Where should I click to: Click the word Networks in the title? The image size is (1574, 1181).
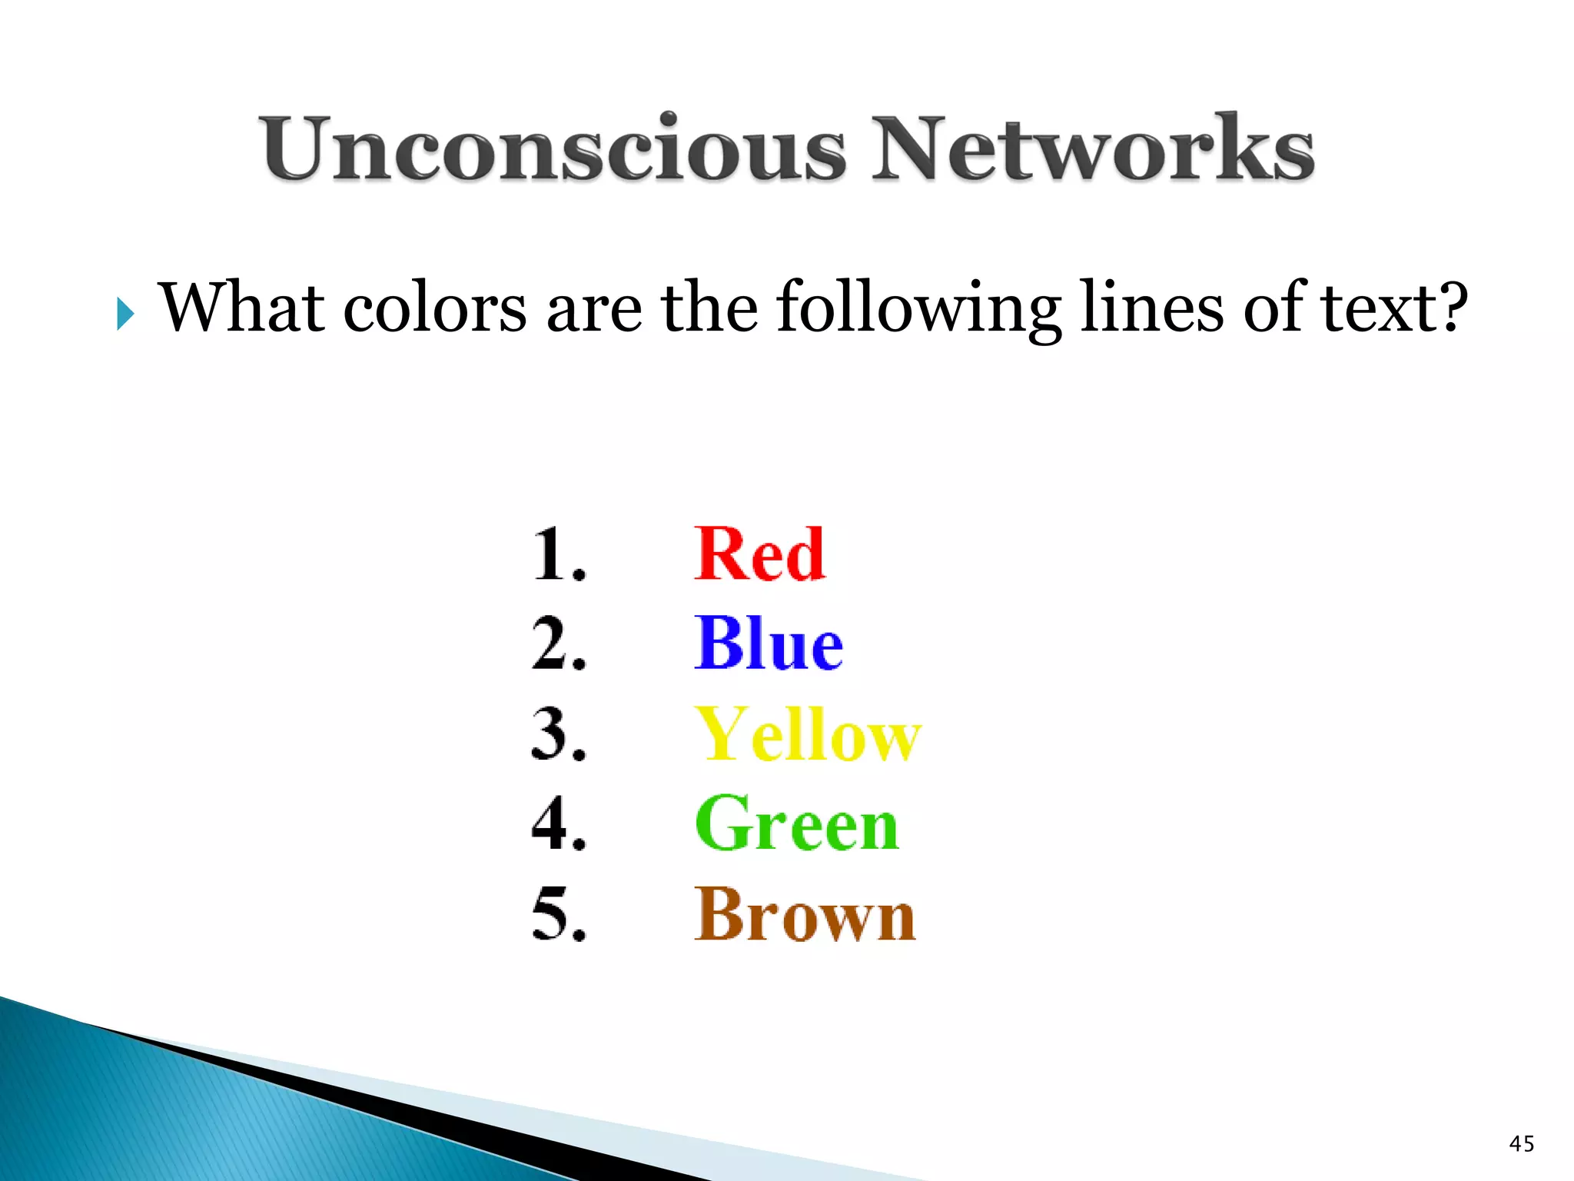(x=1092, y=148)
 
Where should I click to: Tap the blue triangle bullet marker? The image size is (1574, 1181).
(x=125, y=314)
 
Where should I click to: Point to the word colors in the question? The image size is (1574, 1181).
(x=435, y=308)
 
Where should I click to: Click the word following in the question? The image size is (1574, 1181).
(x=919, y=308)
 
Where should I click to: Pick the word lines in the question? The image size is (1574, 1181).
(x=1151, y=308)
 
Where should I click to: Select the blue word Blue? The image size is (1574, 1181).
(x=768, y=644)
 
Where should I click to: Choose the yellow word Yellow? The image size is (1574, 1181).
(x=807, y=734)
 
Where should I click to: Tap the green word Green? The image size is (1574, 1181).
(x=796, y=824)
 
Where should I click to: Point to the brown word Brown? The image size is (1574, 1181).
(x=805, y=914)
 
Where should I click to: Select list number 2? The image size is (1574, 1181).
(x=558, y=644)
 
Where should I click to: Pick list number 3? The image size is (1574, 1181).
(x=558, y=734)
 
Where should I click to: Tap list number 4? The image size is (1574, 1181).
(x=558, y=824)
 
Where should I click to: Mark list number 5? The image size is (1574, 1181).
(x=558, y=914)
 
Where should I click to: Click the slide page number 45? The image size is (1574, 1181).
(x=1522, y=1143)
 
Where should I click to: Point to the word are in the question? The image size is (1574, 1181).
(x=593, y=308)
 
